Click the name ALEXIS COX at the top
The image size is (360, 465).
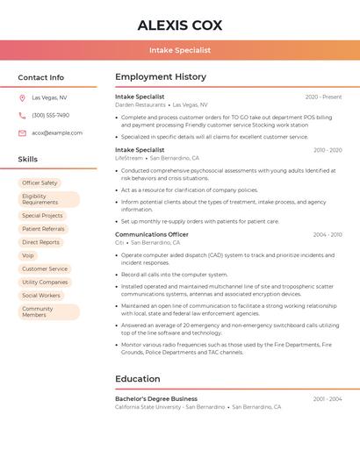click(x=180, y=25)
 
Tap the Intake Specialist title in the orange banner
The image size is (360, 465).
click(x=180, y=51)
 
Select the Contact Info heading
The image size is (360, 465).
click(x=41, y=77)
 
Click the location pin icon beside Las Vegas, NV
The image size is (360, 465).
click(x=22, y=98)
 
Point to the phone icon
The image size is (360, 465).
click(x=22, y=115)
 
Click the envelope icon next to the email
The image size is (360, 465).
click(x=22, y=133)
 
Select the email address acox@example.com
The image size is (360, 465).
click(x=57, y=133)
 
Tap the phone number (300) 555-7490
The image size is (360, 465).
click(x=50, y=115)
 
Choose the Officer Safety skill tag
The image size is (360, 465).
click(x=40, y=182)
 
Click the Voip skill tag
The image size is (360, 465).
click(x=28, y=255)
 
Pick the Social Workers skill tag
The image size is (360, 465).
click(x=41, y=296)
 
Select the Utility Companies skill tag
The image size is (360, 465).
click(x=45, y=283)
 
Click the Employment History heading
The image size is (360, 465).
click(x=161, y=77)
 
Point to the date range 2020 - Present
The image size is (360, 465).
click(x=323, y=97)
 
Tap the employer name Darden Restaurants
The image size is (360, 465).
click(x=140, y=104)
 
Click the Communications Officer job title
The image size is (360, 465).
click(x=151, y=234)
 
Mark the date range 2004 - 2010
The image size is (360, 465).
click(x=327, y=234)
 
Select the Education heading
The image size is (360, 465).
click(x=137, y=379)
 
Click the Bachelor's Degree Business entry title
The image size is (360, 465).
click(x=155, y=398)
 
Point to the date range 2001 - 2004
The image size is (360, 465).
click(x=327, y=398)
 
